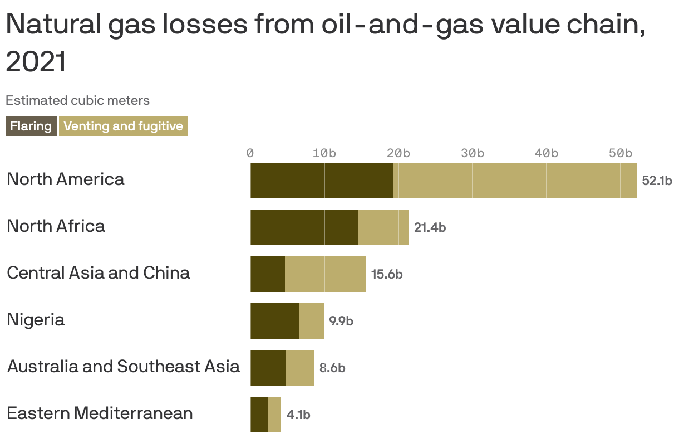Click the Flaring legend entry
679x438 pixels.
(x=31, y=126)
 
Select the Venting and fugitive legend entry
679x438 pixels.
(x=123, y=126)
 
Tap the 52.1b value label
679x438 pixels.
(x=657, y=181)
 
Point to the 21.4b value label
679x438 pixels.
(x=430, y=227)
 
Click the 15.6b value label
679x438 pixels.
(x=387, y=274)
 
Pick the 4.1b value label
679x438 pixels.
(x=298, y=415)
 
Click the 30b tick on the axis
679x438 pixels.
(x=472, y=153)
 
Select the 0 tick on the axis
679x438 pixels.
(x=250, y=153)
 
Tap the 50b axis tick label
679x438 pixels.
(x=620, y=153)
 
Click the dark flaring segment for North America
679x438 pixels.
(x=321, y=181)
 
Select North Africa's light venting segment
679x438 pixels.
(x=383, y=227)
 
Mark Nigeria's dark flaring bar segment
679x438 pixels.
(x=275, y=321)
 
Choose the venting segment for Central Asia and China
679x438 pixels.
(x=326, y=274)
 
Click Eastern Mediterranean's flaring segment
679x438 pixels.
(x=259, y=415)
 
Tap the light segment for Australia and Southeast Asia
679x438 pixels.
(x=300, y=368)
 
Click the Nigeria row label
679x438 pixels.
(x=36, y=320)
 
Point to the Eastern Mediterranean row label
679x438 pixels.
(x=100, y=413)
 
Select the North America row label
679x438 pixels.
(x=66, y=179)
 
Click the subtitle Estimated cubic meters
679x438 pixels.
(x=77, y=100)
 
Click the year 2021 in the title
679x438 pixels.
(x=36, y=62)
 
